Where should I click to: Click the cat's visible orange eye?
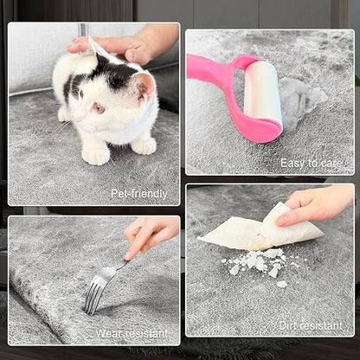[99, 108]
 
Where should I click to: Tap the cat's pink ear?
[145, 86]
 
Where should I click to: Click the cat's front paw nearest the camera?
[95, 156]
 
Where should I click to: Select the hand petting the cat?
[127, 46]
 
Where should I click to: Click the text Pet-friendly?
[139, 194]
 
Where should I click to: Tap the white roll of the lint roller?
[262, 94]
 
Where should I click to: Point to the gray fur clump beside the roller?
[300, 96]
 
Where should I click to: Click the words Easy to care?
[312, 164]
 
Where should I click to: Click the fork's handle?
[115, 270]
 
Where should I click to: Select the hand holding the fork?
[150, 235]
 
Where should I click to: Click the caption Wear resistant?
[132, 334]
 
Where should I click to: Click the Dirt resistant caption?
[311, 326]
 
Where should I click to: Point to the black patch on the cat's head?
[115, 72]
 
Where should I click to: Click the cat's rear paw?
[145, 145]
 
